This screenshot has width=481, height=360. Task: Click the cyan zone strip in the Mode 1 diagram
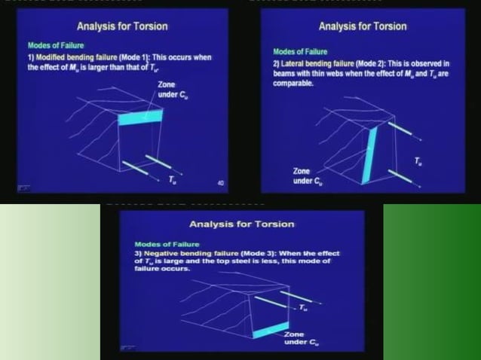[x=141, y=117]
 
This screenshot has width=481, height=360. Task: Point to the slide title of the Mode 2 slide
[x=363, y=26]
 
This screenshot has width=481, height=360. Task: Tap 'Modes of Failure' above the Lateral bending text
[x=300, y=52]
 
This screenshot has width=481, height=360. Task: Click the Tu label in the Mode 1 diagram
[x=175, y=178]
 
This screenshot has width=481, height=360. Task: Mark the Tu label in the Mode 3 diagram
[x=301, y=307]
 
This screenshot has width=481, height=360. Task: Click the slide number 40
[x=220, y=183]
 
